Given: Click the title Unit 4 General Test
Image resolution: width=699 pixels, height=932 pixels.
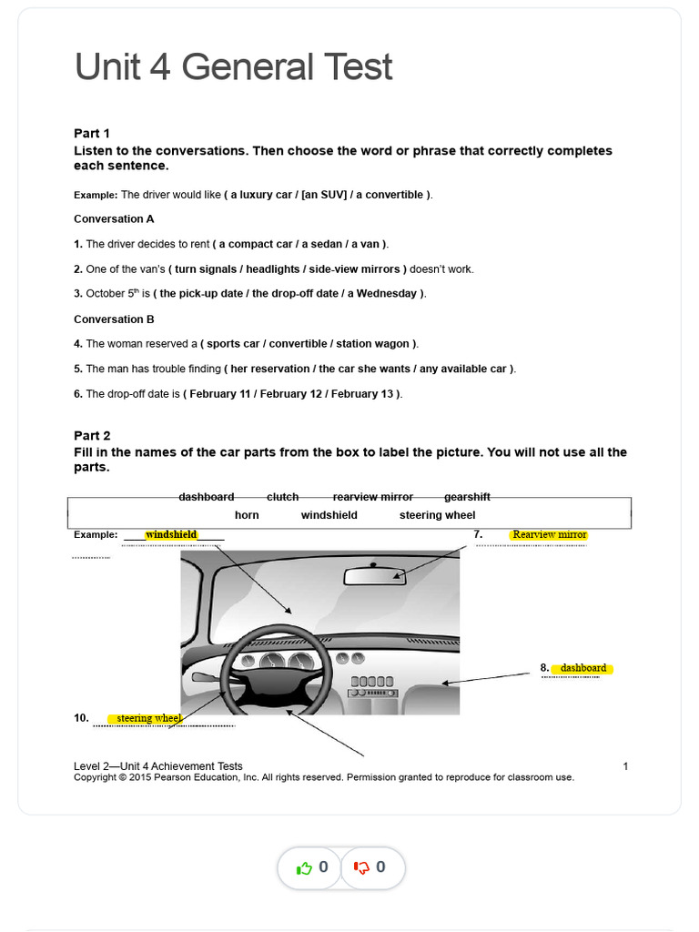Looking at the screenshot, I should tap(233, 67).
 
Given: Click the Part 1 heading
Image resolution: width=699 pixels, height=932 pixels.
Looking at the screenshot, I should tap(92, 133).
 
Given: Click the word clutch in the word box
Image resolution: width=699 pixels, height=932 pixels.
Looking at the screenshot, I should tap(283, 497).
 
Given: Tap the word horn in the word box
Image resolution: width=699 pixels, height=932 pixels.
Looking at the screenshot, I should tap(247, 515).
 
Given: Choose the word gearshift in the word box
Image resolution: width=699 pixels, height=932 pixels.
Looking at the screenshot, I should tap(467, 497).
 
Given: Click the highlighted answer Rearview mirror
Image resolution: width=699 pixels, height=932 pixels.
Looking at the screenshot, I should tap(549, 534).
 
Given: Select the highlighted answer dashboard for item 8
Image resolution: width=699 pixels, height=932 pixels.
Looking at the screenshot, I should tap(582, 668).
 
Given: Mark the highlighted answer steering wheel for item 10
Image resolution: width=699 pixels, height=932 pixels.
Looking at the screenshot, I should tap(148, 719).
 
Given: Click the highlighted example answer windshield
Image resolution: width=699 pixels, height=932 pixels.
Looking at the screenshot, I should tap(171, 534).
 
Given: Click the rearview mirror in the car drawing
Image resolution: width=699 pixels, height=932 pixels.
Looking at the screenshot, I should tap(374, 575).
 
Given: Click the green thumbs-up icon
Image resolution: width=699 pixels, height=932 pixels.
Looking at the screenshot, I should tap(305, 867).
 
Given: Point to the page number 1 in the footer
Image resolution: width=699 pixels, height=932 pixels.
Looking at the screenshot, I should tap(625, 766).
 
